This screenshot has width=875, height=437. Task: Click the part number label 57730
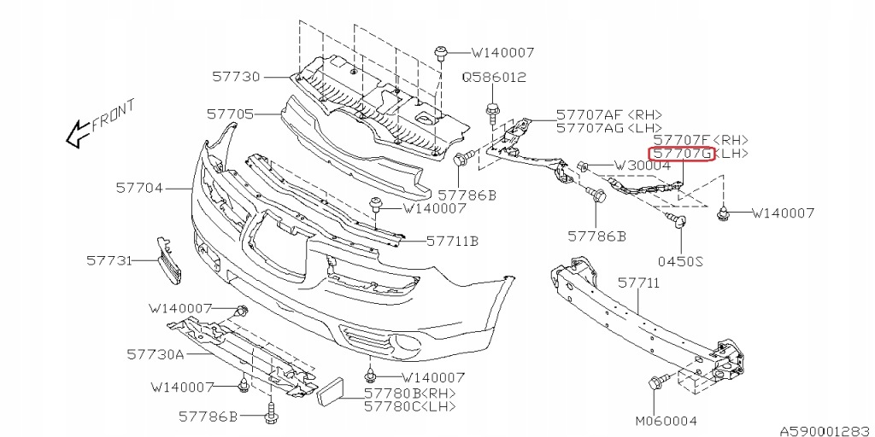[236, 76]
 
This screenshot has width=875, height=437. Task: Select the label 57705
[230, 113]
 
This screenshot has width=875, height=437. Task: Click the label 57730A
[156, 353]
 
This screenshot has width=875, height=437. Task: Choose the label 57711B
[451, 241]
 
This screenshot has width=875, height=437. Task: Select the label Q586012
[495, 77]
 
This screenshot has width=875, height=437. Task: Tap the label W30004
[642, 165]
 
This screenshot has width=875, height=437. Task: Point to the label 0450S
[680, 261]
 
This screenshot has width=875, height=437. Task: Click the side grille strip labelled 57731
[167, 261]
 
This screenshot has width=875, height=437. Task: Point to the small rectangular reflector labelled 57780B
[328, 393]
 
